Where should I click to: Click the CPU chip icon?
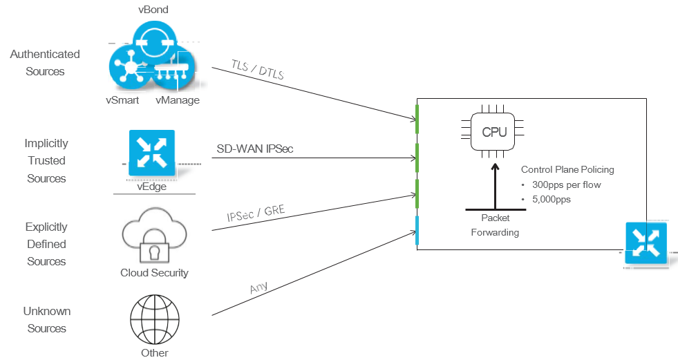click(x=493, y=131)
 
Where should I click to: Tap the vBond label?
click(x=153, y=10)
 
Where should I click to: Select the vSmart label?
click(x=122, y=100)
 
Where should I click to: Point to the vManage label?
click(x=178, y=100)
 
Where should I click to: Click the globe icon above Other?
click(x=154, y=319)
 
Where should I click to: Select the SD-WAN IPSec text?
click(x=256, y=149)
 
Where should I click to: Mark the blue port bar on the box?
click(x=417, y=230)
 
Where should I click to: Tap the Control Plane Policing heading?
click(x=567, y=169)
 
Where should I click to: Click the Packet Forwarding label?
click(x=495, y=225)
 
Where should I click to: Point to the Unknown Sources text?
click(x=47, y=320)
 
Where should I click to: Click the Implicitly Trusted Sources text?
click(x=47, y=161)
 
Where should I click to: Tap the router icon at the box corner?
click(x=646, y=243)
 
